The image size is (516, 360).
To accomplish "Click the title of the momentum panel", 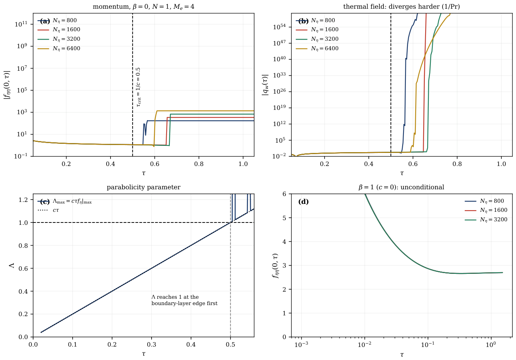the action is [143, 7].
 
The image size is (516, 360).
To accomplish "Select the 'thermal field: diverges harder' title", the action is [402, 7].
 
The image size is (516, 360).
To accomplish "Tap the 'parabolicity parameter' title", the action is [144, 187].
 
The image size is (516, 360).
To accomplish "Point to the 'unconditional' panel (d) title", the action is [402, 187].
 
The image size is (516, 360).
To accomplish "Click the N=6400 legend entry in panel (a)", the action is [59, 49].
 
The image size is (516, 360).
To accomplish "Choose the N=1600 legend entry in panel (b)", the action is [317, 30].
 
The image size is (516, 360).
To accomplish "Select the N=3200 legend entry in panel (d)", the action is [486, 220].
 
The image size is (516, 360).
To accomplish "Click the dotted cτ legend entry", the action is [48, 210].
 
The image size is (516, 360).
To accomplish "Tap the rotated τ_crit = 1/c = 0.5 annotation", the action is [138, 87].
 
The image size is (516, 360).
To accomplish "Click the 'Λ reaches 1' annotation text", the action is [184, 300].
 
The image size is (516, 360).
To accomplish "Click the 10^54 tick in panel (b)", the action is [279, 27].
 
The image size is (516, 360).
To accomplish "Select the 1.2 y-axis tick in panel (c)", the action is [23, 200].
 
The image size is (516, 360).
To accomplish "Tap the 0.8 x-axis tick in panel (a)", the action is [199, 164].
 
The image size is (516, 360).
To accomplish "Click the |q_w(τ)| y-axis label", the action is [265, 85].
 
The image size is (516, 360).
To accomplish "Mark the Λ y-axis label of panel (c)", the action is [12, 265].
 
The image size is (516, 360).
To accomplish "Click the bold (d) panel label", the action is [303, 202].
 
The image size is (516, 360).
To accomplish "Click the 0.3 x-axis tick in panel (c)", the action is [152, 345].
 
